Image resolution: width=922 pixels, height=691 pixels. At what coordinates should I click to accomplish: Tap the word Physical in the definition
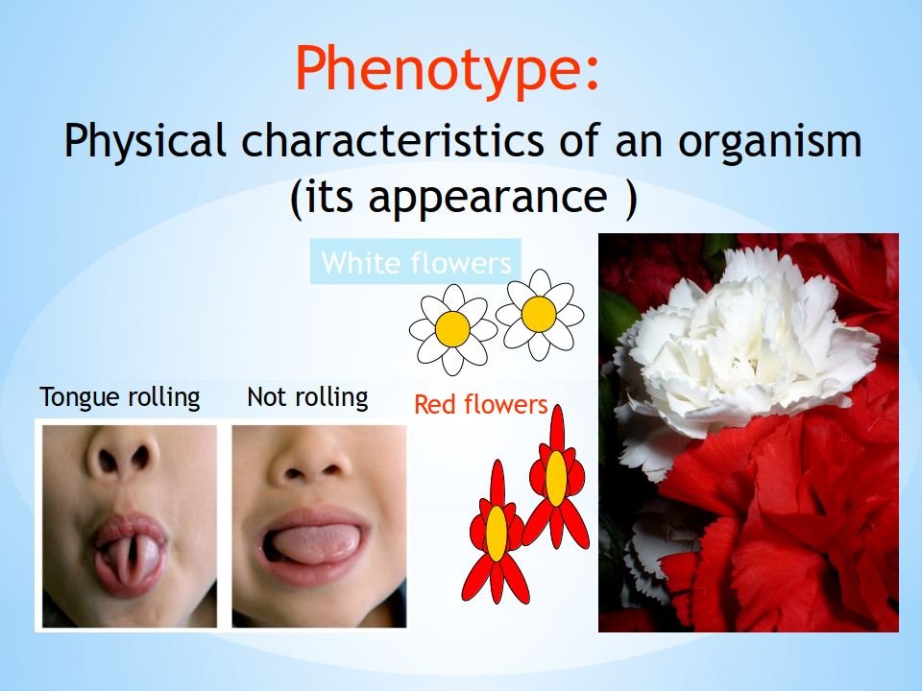click(145, 142)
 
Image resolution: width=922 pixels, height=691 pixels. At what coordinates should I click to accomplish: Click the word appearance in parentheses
click(488, 198)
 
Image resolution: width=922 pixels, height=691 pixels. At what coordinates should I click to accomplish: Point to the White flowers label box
click(416, 262)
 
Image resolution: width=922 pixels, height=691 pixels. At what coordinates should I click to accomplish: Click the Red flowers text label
click(481, 404)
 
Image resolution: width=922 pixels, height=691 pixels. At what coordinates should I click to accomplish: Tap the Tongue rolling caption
click(120, 397)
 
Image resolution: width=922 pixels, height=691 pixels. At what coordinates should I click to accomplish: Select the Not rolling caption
click(307, 397)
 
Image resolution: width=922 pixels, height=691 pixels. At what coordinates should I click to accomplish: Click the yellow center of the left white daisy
click(452, 328)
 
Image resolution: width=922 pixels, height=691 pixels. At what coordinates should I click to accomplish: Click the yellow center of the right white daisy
click(539, 314)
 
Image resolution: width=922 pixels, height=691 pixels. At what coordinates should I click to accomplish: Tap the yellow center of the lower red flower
click(497, 534)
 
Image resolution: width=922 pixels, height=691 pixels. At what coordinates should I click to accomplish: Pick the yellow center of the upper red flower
click(556, 479)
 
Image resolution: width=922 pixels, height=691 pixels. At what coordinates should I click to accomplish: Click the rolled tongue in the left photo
click(130, 560)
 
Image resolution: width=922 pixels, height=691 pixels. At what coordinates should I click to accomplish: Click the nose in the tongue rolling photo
click(123, 459)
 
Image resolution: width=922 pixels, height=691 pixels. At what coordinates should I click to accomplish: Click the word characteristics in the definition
click(393, 140)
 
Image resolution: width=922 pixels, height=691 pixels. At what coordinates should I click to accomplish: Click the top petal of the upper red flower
click(557, 428)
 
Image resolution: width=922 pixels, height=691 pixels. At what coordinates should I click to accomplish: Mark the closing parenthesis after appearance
click(631, 198)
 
